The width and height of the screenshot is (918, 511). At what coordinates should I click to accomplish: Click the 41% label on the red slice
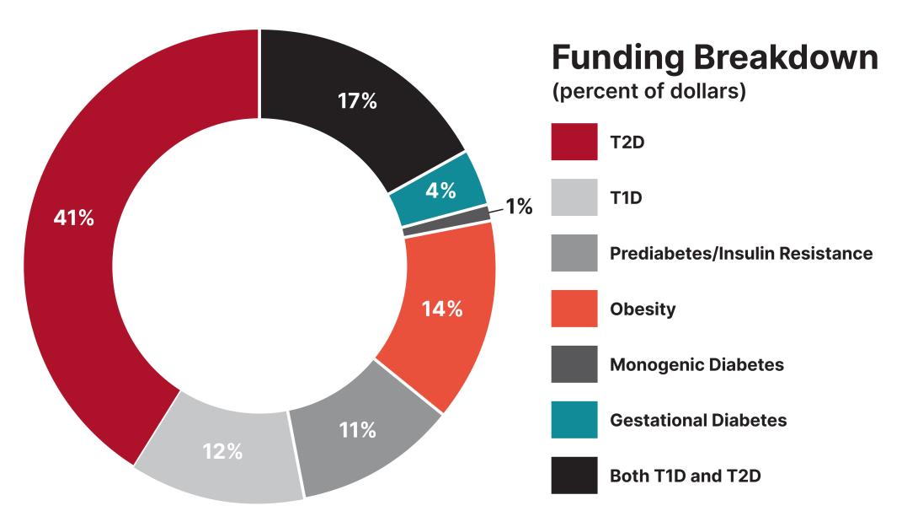tap(74, 218)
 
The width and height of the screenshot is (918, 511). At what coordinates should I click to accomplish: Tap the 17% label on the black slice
tap(357, 101)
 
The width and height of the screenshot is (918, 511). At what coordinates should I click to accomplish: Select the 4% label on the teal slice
tap(440, 191)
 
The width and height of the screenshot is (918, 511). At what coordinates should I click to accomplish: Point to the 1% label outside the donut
tap(519, 207)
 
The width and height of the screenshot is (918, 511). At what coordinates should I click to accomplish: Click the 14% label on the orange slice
tap(441, 309)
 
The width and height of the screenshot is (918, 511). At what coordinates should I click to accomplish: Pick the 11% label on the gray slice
tap(357, 430)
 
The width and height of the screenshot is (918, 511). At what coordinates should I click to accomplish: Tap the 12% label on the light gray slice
tap(222, 451)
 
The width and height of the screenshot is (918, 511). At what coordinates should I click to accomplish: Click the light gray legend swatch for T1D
tap(574, 197)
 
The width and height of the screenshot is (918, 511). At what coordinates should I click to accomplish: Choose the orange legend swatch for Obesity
tap(574, 309)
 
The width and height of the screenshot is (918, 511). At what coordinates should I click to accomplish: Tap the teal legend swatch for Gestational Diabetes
tap(574, 420)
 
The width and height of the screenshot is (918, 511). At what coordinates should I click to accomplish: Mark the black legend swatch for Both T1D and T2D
tap(574, 475)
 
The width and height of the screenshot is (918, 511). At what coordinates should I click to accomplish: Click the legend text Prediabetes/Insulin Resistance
tap(741, 253)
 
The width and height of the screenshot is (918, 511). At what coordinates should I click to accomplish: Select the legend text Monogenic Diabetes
tap(697, 365)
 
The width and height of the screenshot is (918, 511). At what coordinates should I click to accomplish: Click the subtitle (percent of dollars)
tap(648, 92)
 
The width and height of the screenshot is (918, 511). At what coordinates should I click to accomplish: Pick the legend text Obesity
tap(643, 309)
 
